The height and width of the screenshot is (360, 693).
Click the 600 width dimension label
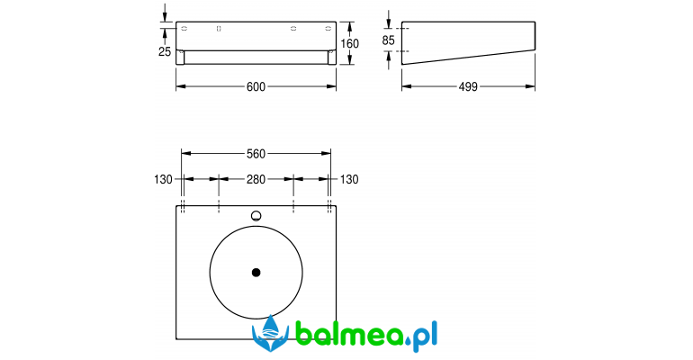tap(256, 86)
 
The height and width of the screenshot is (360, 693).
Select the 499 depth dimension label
tap(468, 86)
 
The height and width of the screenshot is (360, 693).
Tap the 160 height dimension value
tap(349, 44)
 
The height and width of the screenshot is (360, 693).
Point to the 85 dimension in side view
tap(388, 40)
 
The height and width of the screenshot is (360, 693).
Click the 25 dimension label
tap(165, 51)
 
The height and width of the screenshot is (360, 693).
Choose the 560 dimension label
tap(256, 154)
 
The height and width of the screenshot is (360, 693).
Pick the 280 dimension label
tap(256, 179)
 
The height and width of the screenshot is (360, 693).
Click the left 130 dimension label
tap(163, 179)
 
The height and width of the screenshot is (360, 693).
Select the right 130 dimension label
tap(349, 179)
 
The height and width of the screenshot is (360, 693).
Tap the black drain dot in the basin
tap(256, 273)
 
